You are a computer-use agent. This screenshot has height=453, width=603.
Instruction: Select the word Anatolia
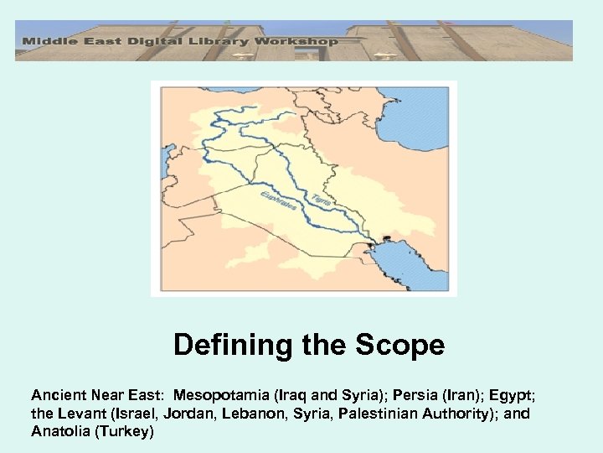coord(59,432)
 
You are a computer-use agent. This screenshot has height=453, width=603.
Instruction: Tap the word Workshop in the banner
coord(302,40)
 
